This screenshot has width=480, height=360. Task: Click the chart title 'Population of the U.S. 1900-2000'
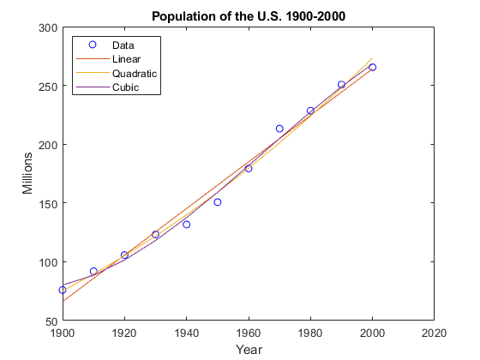coord(248,16)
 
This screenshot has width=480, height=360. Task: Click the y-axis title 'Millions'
coord(27,174)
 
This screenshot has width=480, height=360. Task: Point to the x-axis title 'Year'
coord(249,349)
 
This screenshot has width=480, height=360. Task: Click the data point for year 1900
coord(63,291)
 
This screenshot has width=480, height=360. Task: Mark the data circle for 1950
coord(218,202)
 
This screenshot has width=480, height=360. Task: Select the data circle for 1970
coord(279,129)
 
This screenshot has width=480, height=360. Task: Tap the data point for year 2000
coord(372,67)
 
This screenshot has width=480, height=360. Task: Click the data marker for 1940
coord(186,224)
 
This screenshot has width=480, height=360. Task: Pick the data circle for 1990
coord(341,85)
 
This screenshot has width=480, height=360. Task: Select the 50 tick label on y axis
coord(50,321)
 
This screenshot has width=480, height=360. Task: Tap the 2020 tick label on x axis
coord(434,333)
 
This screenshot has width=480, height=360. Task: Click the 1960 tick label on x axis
coord(249,333)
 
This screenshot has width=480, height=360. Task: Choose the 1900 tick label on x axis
coord(63,333)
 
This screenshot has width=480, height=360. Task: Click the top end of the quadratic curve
coord(372,58)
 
